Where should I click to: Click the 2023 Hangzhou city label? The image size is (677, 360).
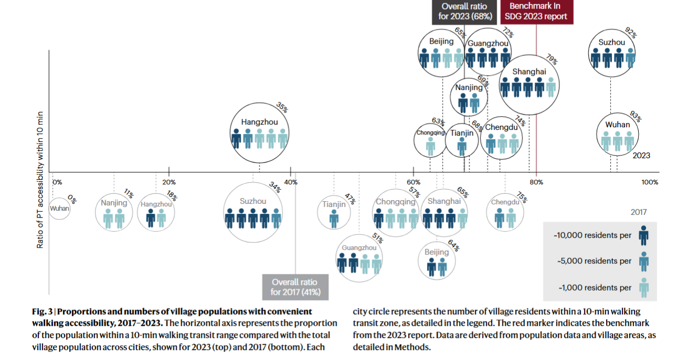point(259,122)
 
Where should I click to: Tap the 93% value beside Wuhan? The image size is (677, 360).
point(636,116)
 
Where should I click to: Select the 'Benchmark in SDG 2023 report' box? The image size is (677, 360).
point(536,12)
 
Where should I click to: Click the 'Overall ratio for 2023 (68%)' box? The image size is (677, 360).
point(464,12)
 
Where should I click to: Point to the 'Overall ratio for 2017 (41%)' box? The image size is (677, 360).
point(295,287)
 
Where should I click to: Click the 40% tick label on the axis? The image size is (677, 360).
point(291,182)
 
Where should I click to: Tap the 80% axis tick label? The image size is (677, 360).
point(536,182)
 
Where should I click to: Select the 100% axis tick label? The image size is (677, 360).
point(650,182)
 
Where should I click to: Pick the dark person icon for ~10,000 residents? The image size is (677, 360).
point(644,235)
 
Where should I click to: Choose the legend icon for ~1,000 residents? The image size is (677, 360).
point(644,287)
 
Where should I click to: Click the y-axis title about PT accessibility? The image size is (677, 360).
point(40,180)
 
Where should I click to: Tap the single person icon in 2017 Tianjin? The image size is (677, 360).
point(334,219)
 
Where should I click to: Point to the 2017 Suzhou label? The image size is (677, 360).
point(253,201)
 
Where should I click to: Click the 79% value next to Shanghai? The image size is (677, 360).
point(552,59)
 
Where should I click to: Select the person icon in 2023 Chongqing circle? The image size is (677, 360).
point(430,147)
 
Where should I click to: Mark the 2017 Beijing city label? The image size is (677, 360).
point(437,252)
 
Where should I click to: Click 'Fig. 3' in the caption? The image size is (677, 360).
point(43,312)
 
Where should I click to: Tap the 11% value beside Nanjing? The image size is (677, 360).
point(129,193)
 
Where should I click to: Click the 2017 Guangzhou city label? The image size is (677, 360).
point(359,248)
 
